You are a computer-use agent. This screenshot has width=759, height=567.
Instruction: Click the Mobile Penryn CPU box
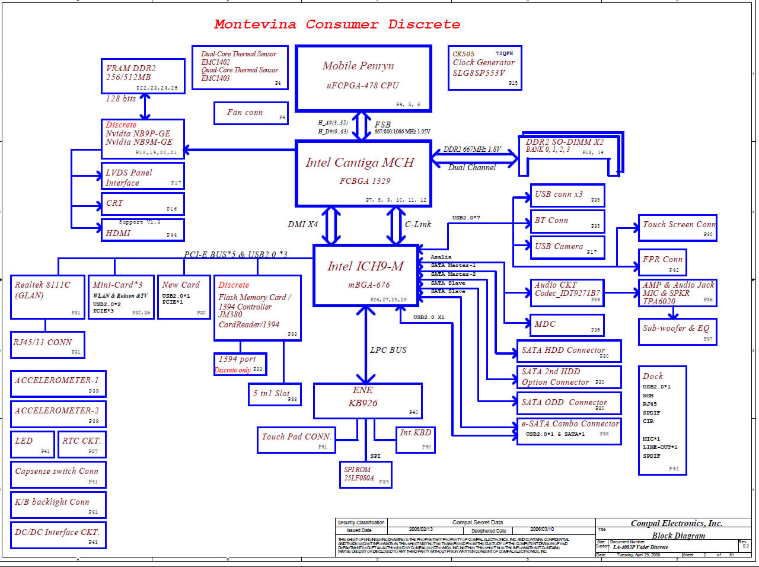coord(363,78)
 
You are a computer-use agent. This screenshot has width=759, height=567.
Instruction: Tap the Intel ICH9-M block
coord(366,275)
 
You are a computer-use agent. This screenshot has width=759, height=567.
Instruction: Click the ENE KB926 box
coord(368,400)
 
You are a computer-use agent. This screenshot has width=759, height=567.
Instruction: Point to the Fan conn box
coord(250,113)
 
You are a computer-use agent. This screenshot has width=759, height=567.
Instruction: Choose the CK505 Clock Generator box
coord(484,68)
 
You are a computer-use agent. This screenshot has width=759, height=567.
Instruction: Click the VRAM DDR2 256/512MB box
coord(143,76)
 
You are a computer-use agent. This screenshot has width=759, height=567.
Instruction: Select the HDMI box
coord(142,230)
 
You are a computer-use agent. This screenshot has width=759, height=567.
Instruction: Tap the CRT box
coord(142,204)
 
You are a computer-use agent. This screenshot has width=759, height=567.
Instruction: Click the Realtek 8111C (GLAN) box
coord(47,297)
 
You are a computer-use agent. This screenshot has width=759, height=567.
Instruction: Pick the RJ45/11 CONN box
coord(47,345)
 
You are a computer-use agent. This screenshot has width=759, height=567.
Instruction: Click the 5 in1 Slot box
coord(275,394)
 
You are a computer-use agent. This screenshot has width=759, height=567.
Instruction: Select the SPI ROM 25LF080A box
coord(365,474)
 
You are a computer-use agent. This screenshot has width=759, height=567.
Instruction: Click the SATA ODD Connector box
coord(569,403)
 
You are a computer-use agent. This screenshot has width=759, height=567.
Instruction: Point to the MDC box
coord(566,324)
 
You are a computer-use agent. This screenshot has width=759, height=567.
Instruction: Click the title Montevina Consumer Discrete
coord(337,24)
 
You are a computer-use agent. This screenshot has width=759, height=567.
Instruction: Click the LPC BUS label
coord(388,351)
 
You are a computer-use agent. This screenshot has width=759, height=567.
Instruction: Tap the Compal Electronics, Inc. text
coord(676,523)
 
